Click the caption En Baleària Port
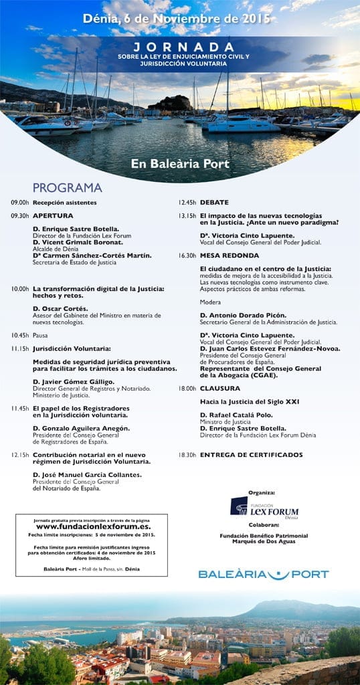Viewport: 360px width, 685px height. click(x=179, y=163)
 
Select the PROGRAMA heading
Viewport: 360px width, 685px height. click(x=66, y=187)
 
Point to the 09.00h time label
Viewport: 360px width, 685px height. click(x=19, y=202)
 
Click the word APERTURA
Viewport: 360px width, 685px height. click(x=53, y=215)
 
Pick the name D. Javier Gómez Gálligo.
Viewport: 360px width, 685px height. click(x=74, y=381)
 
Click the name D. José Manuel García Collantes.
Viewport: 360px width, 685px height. click(x=87, y=474)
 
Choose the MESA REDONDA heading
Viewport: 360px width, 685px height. click(x=230, y=256)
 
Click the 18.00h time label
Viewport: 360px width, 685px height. click(x=187, y=388)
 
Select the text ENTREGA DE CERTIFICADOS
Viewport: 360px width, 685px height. click(x=251, y=455)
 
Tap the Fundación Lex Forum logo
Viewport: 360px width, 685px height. click(x=264, y=506)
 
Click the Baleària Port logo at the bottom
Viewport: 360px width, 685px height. click(x=264, y=574)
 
